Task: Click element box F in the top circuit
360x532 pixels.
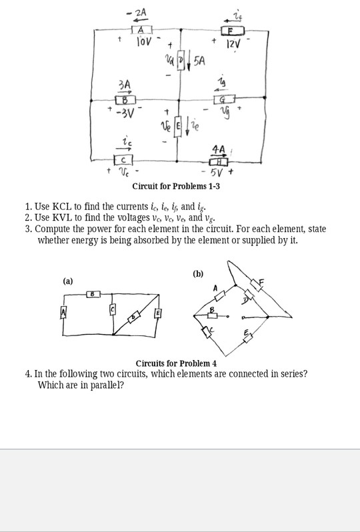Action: (x=233, y=31)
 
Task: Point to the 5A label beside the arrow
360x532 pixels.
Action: (x=199, y=62)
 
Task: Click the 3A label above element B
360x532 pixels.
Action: (x=124, y=85)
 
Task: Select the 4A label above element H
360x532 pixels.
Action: (x=218, y=149)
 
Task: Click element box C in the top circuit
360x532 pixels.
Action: (x=125, y=161)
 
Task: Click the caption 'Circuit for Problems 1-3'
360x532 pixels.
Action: (x=176, y=186)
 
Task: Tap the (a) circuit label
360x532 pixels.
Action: (x=68, y=281)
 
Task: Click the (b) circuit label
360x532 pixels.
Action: (x=198, y=273)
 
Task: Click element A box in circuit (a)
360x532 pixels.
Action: (x=64, y=313)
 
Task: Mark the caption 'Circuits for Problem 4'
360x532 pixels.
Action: (x=176, y=363)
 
